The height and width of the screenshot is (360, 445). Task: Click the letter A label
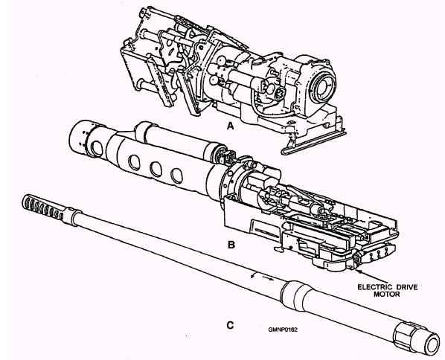tap(231, 126)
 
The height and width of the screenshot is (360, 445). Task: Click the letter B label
tap(231, 245)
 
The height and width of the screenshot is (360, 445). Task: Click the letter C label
tap(231, 325)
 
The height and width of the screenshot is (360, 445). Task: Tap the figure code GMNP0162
tap(283, 330)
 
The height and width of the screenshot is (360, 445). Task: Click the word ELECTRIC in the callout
tap(374, 287)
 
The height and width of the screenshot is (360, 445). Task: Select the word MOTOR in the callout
tap(386, 295)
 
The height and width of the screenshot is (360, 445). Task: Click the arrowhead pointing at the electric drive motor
tap(358, 271)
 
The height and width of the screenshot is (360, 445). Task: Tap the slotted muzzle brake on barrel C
tap(43, 208)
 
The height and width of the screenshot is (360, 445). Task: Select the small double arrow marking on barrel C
tap(263, 277)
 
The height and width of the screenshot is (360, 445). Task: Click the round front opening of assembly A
tap(324, 85)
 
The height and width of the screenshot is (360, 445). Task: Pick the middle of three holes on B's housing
tap(156, 169)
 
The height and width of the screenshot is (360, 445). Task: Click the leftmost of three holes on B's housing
tap(134, 162)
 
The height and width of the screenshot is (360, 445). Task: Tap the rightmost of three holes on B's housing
tap(176, 176)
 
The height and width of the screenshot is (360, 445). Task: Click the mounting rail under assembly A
tap(313, 143)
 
